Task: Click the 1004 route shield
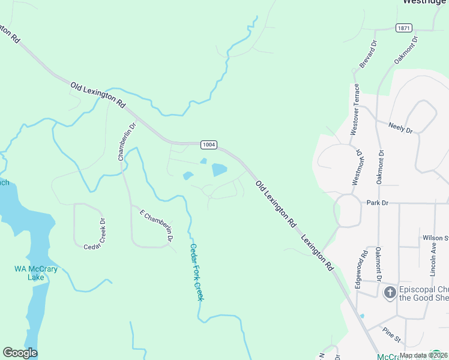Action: click(x=208, y=145)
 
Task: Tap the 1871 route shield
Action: click(x=403, y=28)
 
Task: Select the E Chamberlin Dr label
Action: click(x=157, y=226)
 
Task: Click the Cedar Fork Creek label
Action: click(x=197, y=271)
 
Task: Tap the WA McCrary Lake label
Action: click(x=36, y=273)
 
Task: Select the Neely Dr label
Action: click(x=400, y=127)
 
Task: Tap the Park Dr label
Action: click(x=378, y=203)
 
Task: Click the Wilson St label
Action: click(x=434, y=238)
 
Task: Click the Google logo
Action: click(x=20, y=353)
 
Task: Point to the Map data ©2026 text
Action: click(x=423, y=355)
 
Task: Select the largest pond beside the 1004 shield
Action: click(x=219, y=170)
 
